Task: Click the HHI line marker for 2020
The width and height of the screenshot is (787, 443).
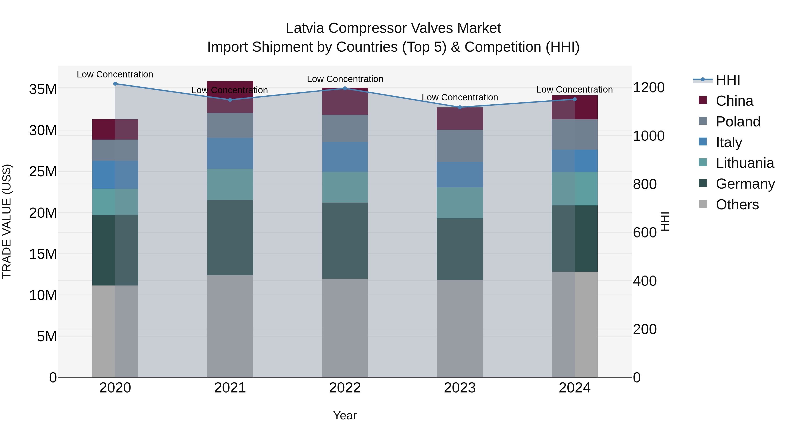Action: (115, 84)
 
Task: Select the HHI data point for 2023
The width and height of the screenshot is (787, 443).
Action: (460, 107)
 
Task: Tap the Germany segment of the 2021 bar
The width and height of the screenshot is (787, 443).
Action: (230, 238)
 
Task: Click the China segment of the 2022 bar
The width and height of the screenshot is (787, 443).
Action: (345, 102)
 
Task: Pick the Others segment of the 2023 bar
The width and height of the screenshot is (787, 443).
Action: (460, 328)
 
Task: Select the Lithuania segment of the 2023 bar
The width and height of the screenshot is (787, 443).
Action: (460, 203)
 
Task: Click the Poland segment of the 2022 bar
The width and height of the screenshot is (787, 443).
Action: (345, 128)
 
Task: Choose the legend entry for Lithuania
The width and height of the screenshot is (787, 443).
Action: (745, 163)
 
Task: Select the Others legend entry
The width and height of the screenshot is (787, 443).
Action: (737, 205)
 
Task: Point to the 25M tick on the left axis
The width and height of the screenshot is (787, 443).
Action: (43, 172)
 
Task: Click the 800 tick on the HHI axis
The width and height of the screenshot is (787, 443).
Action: (645, 184)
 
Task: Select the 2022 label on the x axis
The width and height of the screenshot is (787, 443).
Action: (345, 388)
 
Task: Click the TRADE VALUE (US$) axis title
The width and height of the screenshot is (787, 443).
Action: (7, 221)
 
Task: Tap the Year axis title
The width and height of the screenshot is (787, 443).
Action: (345, 415)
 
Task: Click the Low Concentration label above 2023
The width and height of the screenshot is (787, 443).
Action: (460, 98)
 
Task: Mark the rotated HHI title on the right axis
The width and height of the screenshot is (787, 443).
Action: (665, 221)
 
